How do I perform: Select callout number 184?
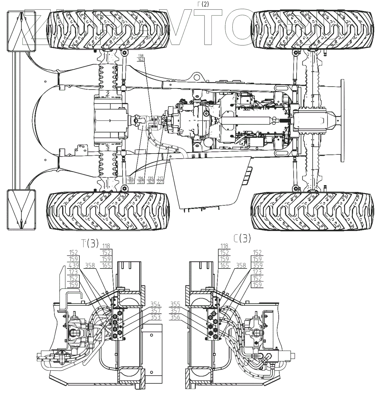click(x=131, y=178)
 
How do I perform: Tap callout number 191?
click(x=131, y=182)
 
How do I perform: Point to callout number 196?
click(x=141, y=178)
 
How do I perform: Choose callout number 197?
click(x=141, y=182)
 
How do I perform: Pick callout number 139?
click(x=151, y=178)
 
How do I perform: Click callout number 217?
click(x=160, y=178)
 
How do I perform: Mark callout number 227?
click(x=160, y=182)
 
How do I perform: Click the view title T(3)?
click(x=90, y=244)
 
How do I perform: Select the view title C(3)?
click(x=242, y=238)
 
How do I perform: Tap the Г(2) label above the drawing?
click(x=203, y=4)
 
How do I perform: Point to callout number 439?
click(x=73, y=265)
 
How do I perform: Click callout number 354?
click(x=155, y=304)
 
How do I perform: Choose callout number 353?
click(x=155, y=317)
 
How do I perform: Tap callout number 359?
click(x=257, y=265)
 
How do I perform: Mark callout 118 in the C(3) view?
click(x=224, y=246)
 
